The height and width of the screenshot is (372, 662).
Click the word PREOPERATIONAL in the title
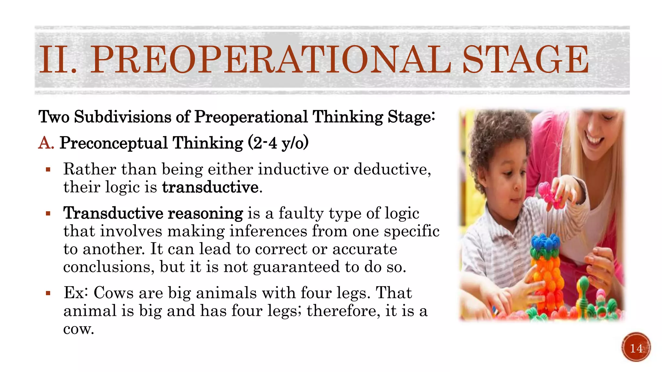[x=271, y=60]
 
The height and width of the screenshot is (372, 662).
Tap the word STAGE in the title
[x=526, y=60]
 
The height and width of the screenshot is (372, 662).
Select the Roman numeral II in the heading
[x=55, y=60]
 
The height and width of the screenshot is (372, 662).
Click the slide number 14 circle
[x=636, y=348]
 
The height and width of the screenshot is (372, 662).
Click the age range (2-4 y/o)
[x=278, y=143]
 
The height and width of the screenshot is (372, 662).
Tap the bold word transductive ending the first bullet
[x=210, y=187]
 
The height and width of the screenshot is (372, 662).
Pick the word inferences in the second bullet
[x=269, y=231]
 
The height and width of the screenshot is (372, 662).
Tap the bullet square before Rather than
[x=48, y=170]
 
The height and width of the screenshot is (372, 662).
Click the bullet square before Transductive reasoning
[x=48, y=213]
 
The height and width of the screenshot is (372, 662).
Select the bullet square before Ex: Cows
[x=48, y=293]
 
